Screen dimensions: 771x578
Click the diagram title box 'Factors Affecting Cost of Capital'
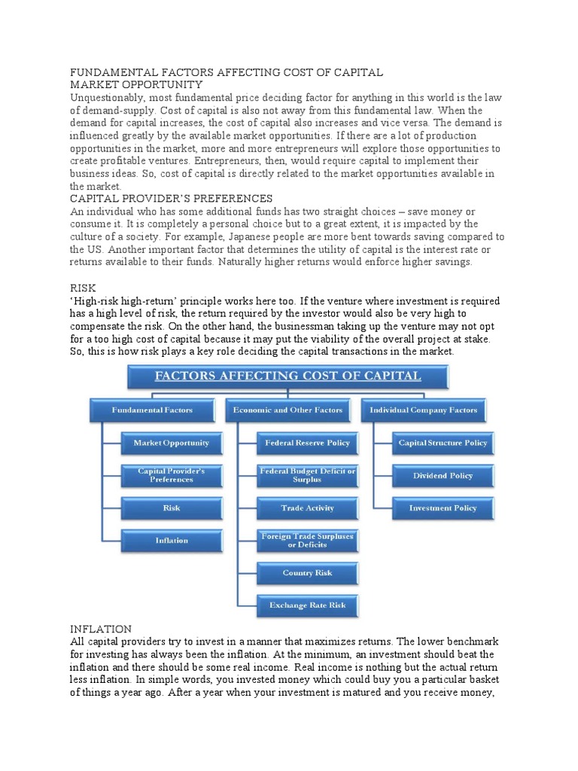point(287,376)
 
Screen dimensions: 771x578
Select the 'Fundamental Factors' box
point(152,410)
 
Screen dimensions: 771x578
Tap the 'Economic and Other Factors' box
point(288,410)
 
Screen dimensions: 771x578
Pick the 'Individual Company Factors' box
point(424,410)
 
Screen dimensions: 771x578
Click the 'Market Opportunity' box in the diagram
point(171,443)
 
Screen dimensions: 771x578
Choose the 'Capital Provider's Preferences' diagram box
point(171,475)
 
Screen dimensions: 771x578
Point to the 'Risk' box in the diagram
point(171,508)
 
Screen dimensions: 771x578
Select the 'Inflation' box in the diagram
point(171,541)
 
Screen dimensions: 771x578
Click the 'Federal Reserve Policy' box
point(307,443)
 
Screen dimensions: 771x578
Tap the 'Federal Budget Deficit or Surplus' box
point(307,475)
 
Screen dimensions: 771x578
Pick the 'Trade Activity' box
point(307,508)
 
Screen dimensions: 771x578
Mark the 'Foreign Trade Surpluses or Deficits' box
point(307,541)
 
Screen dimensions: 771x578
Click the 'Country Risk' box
point(307,573)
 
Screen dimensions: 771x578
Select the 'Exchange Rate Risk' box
point(307,605)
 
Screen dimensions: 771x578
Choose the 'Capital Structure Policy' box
point(443,443)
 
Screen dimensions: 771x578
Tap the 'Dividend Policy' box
point(443,476)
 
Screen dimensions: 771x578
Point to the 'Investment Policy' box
point(443,508)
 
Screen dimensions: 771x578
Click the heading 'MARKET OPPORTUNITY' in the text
point(135,85)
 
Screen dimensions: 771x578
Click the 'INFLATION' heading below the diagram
point(100,629)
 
